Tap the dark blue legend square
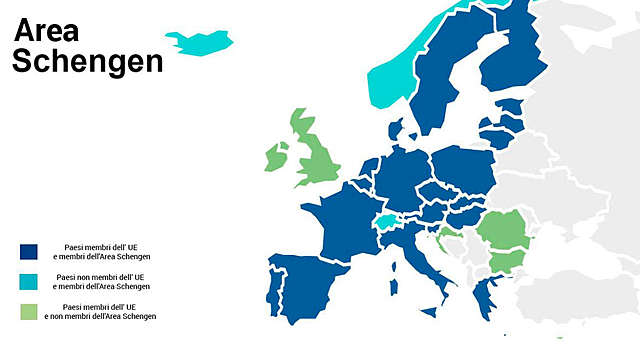tap(30, 252)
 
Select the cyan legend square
tap(30, 281)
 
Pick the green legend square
tap(30, 310)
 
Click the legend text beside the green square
tap(107, 311)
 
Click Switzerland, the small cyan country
tap(386, 222)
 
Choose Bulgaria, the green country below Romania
tap(506, 263)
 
